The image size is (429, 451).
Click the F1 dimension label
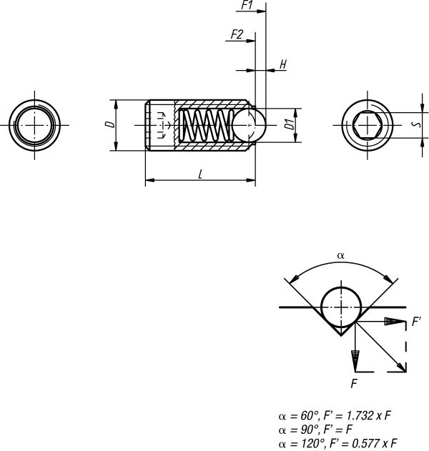[247, 5]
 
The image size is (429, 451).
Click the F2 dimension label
[237, 34]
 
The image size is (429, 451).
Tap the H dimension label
[283, 64]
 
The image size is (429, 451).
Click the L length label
[200, 174]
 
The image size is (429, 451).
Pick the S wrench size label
[417, 124]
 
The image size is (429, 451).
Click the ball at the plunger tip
[249, 125]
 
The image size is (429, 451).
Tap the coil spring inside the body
[207, 125]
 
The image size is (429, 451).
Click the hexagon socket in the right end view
[368, 125]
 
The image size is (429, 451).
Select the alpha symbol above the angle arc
[340, 255]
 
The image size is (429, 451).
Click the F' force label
[416, 322]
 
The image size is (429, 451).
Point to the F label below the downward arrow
[354, 383]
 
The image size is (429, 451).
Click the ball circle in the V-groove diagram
[341, 307]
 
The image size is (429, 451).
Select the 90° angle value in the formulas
[310, 429]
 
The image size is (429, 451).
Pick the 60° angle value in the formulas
[310, 416]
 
